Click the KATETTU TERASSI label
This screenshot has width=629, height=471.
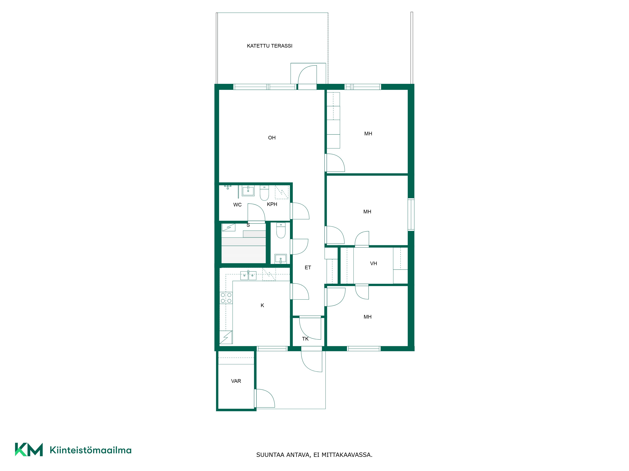coord(270,46)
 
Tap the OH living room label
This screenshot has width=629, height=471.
coord(272,138)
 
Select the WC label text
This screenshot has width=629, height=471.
coord(237,205)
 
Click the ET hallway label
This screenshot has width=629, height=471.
coord(308,267)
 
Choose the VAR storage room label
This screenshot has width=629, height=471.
coord(236,381)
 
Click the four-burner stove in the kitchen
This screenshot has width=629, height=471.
coord(226,298)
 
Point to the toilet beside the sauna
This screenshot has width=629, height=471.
coord(281,230)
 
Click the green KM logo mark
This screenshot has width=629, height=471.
coord(29,449)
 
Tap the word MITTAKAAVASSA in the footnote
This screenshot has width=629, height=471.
coord(347,455)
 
